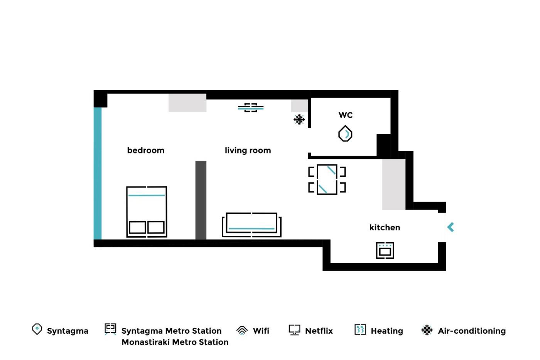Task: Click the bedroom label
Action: pos(146,150)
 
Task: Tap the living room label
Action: pos(248,150)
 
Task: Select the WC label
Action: pos(346,115)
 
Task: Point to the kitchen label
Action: pos(385,227)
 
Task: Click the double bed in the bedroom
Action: pos(147,212)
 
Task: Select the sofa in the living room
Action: pos(251,225)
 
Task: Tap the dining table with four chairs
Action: pos(327,179)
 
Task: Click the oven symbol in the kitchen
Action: pos(385,250)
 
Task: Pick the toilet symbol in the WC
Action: pos(345,134)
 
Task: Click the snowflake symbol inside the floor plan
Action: pos(299,119)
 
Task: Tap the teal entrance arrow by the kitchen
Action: pos(451,227)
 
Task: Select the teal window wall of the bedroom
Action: pos(98,173)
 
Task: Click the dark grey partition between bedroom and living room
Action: pos(201,200)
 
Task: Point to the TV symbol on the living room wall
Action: pos(251,108)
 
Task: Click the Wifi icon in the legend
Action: pos(242,330)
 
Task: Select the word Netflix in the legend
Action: pos(319,331)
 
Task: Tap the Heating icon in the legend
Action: pos(360,330)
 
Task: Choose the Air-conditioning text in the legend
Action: pos(472,331)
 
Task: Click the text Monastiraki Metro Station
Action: pos(175,342)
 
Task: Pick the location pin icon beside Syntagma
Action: pos(37,329)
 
